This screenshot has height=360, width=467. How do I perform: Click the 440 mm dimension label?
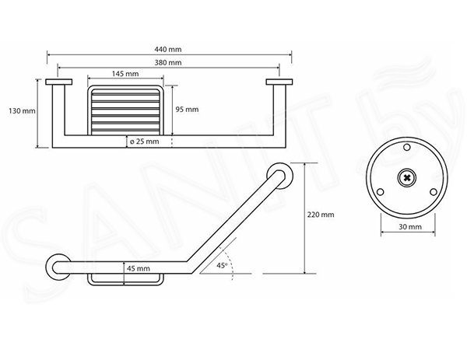[x=167, y=50]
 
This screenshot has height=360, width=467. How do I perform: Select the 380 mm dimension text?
[x=167, y=63]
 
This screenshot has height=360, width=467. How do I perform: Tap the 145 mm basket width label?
[x=125, y=74]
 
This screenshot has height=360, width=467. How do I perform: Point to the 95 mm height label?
[x=187, y=110]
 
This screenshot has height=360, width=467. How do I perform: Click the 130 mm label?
[x=22, y=111]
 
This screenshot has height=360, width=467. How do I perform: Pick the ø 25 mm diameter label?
[x=145, y=142]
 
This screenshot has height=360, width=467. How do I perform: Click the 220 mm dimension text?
[x=321, y=215]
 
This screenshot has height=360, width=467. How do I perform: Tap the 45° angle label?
[x=222, y=265]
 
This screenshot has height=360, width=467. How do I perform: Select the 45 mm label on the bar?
[x=139, y=268]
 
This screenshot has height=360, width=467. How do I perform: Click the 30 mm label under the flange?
[x=410, y=227]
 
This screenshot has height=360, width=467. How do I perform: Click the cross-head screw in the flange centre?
[x=406, y=178]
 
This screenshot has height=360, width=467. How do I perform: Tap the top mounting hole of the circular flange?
[x=406, y=147]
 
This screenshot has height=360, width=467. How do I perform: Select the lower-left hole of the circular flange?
[x=380, y=192]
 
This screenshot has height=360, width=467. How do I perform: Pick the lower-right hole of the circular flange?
[x=434, y=192]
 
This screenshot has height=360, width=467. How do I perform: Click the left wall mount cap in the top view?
[x=58, y=82]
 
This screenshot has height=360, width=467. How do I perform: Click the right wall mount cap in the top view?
[x=279, y=82]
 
